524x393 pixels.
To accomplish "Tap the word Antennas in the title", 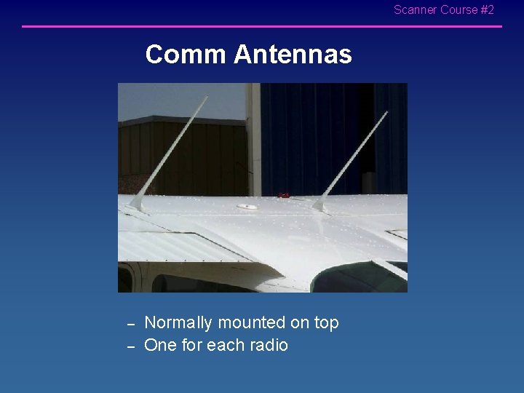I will [293, 55].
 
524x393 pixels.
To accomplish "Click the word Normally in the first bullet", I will [178, 322].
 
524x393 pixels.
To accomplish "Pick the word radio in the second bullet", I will [269, 345].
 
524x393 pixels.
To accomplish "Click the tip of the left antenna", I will [207, 96].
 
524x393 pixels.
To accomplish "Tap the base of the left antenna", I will [138, 205].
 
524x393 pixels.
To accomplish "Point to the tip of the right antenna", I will [386, 113].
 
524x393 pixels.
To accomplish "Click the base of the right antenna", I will [319, 207].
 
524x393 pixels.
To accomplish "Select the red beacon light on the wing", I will [285, 195].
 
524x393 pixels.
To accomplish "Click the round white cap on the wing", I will [247, 207].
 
